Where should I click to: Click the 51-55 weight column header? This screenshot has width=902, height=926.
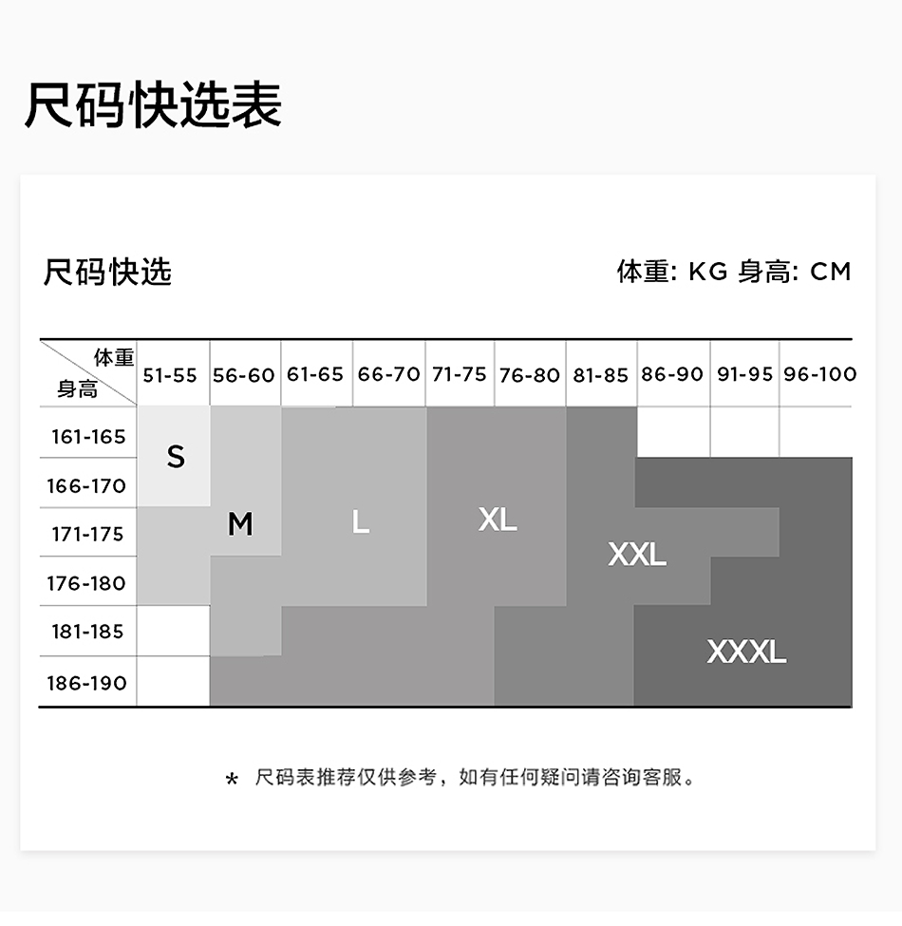click(x=170, y=375)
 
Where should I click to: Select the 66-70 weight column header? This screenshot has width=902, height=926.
click(x=388, y=374)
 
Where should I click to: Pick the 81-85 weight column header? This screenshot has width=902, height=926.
click(x=601, y=375)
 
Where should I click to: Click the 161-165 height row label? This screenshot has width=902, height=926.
click(x=87, y=437)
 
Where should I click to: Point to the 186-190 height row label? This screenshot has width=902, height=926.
click(x=86, y=683)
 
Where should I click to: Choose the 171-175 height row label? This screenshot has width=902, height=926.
click(x=87, y=535)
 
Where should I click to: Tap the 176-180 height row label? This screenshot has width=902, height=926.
click(x=86, y=583)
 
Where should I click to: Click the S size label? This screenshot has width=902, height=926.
click(x=176, y=457)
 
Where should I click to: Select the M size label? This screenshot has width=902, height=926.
click(x=240, y=523)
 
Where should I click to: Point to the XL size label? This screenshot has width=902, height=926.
click(x=498, y=519)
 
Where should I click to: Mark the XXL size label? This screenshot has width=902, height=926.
click(x=637, y=554)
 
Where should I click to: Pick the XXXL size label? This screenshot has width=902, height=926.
click(x=746, y=652)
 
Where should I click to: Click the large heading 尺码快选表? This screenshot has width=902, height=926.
click(x=153, y=104)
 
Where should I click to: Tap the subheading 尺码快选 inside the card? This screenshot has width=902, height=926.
click(x=107, y=272)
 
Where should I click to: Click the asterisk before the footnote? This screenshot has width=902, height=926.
click(x=232, y=781)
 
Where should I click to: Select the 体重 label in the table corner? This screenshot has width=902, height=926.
click(x=114, y=358)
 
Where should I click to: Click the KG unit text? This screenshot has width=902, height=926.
click(x=707, y=272)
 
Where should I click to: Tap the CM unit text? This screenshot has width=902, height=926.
click(x=831, y=272)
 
